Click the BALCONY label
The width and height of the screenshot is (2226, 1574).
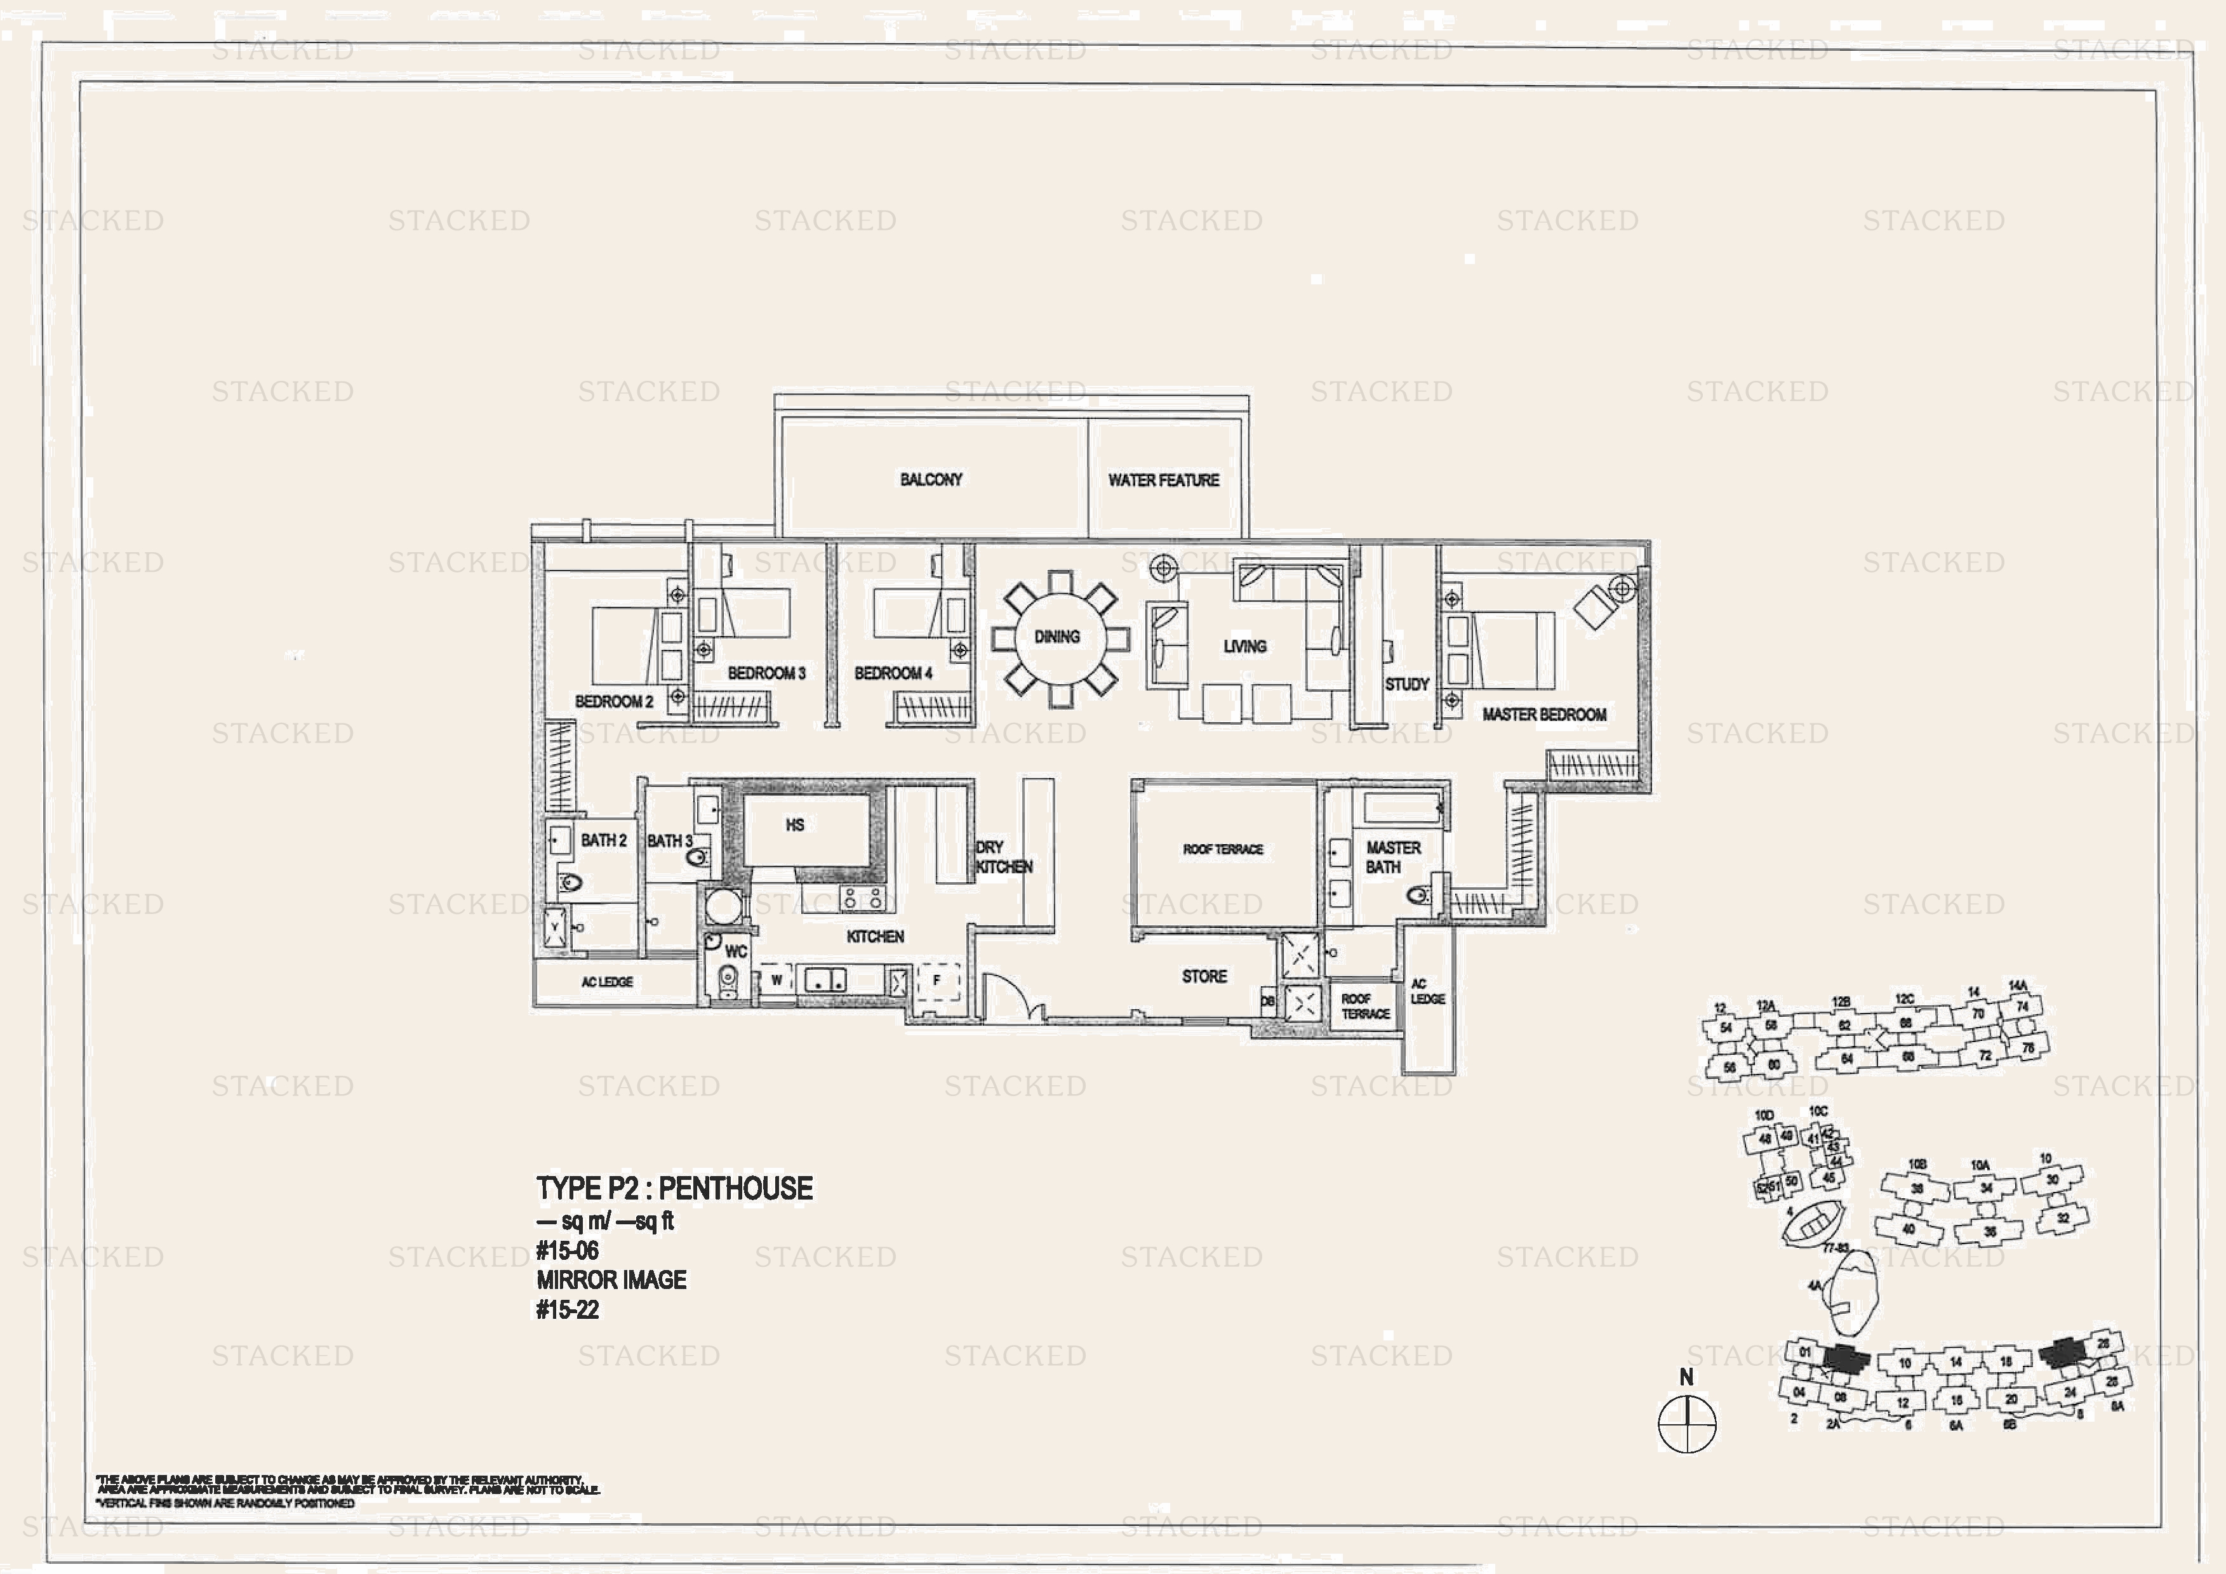pyautogui.click(x=931, y=480)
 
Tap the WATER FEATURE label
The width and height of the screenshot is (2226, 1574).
pyautogui.click(x=1163, y=480)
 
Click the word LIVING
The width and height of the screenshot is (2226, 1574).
pyautogui.click(x=1245, y=647)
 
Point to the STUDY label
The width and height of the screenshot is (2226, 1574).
pyautogui.click(x=1407, y=684)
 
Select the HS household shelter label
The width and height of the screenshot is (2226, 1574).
pyautogui.click(x=795, y=826)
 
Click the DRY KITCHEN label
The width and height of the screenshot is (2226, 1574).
pyautogui.click(x=1003, y=857)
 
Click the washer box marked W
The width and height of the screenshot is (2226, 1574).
pyautogui.click(x=776, y=981)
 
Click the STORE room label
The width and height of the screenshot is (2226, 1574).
pyautogui.click(x=1204, y=977)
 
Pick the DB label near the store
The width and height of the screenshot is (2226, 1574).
pyautogui.click(x=1267, y=1001)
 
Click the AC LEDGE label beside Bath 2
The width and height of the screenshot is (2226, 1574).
pyautogui.click(x=607, y=982)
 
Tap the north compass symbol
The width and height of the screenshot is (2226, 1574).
pyautogui.click(x=1687, y=1424)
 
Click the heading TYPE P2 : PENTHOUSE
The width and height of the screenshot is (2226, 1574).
pyautogui.click(x=675, y=1189)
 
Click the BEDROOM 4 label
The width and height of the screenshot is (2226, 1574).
pyautogui.click(x=893, y=673)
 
